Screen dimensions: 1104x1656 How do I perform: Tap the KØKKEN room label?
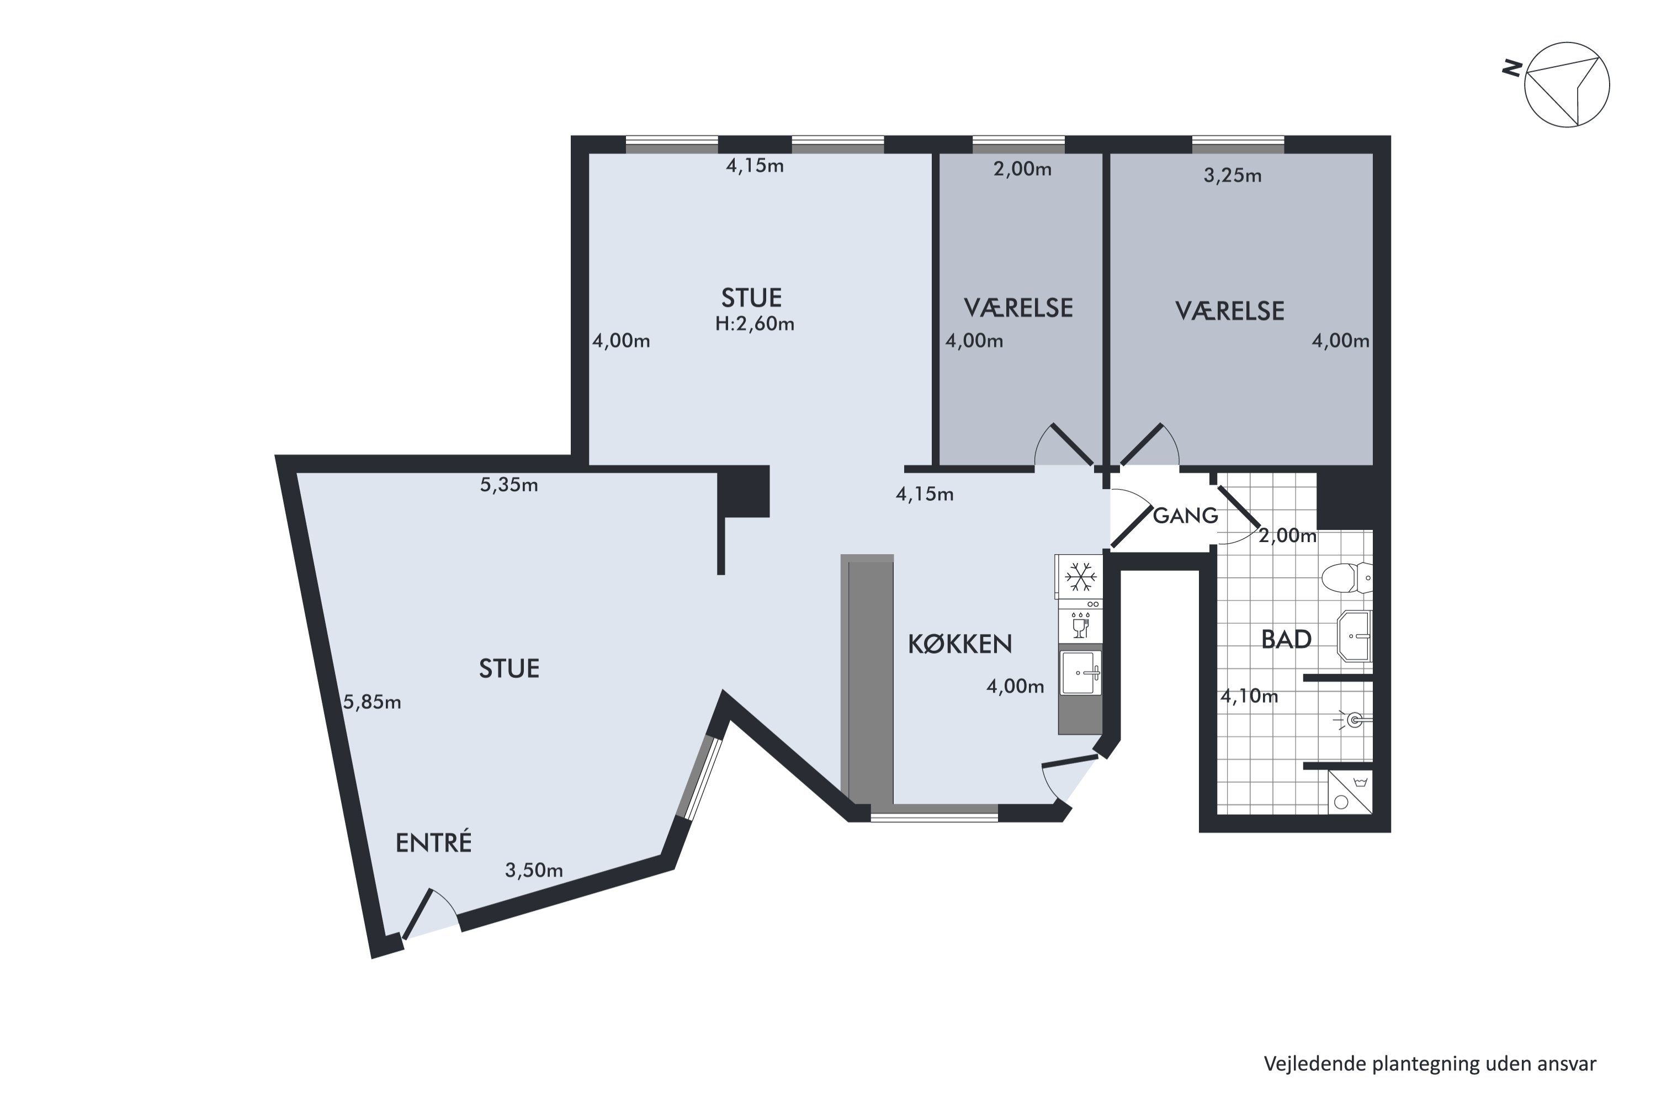coord(960,644)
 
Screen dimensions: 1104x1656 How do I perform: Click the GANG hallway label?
coord(1185,516)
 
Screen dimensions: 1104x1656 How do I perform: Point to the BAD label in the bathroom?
coord(1286,639)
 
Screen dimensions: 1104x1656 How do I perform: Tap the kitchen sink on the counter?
coord(1081,673)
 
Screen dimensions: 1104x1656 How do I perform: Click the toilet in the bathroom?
coord(1346,578)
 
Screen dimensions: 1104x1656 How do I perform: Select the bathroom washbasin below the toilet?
coord(1355,636)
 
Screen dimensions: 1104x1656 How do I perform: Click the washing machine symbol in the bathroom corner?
coord(1350,792)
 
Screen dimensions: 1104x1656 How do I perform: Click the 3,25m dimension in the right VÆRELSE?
coord(1232,176)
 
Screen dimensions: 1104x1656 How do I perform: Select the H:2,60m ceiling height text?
coord(755,324)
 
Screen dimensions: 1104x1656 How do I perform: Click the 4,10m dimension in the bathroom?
coord(1249,696)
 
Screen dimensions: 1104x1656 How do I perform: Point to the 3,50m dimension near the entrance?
coord(534,871)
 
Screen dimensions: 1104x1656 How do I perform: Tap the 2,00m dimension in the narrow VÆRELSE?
coord(1022,169)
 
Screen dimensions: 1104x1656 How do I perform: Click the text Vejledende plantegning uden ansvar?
coord(1429,1063)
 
